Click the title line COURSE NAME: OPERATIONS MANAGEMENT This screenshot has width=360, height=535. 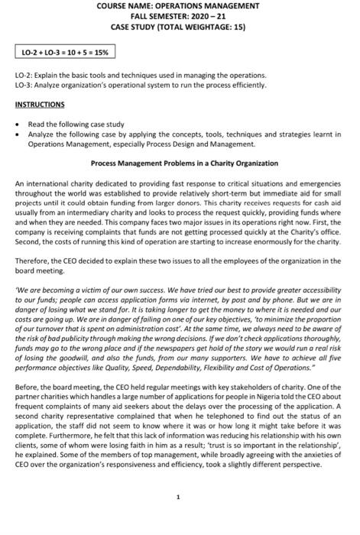[180, 6]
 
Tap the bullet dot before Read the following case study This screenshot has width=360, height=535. [18, 123]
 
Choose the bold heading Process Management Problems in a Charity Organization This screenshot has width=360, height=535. [184, 163]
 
